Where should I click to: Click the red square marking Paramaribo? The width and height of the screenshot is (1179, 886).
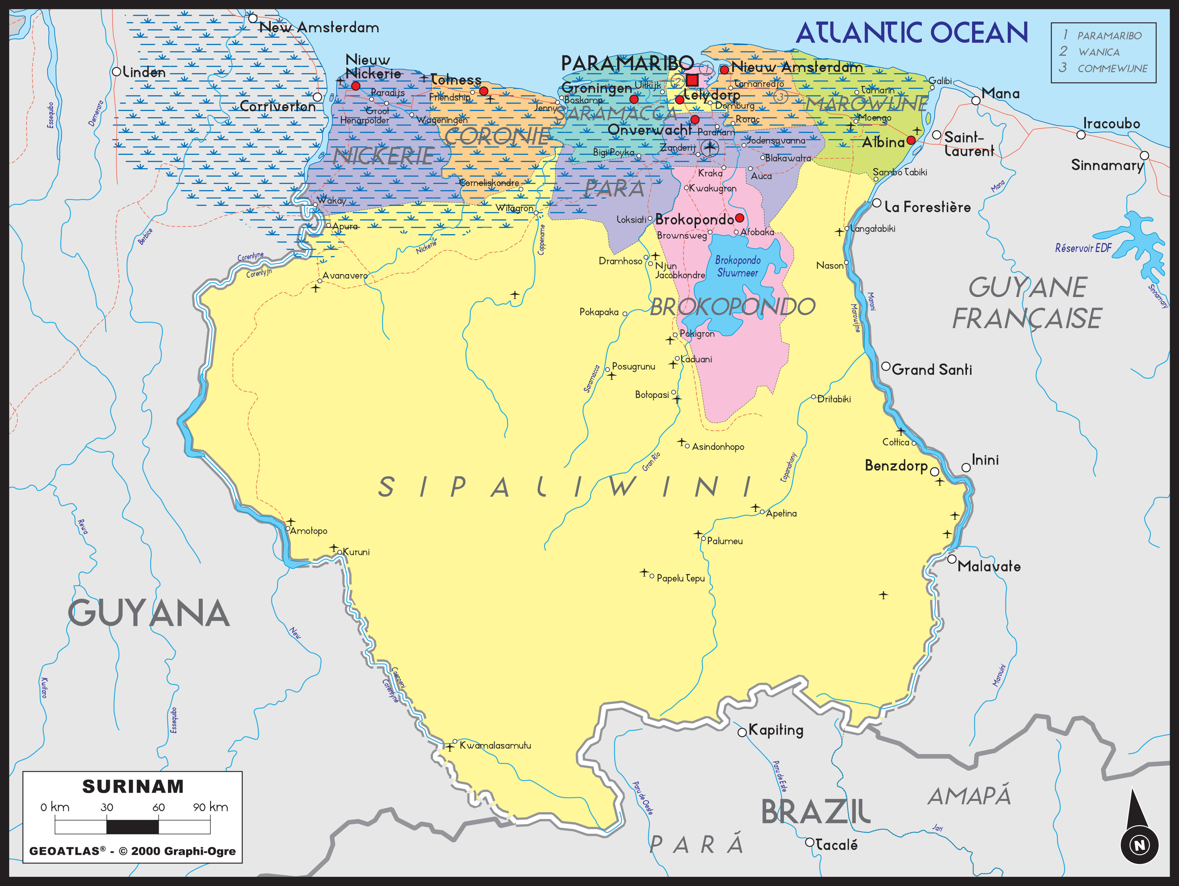692,80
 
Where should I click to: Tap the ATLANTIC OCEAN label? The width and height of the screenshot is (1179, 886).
912,33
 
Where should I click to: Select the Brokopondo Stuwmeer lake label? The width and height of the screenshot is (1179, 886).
738,266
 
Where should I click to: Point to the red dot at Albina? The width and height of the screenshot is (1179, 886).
911,140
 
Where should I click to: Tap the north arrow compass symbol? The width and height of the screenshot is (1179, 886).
1139,831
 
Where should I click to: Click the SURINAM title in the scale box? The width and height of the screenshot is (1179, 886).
133,787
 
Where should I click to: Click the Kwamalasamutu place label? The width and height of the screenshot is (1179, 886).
495,746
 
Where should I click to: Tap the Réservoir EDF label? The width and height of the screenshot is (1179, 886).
1083,248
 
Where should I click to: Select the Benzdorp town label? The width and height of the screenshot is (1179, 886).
896,466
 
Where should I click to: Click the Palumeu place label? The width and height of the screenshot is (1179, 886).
724,541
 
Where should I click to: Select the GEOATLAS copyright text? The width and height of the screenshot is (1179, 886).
132,851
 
